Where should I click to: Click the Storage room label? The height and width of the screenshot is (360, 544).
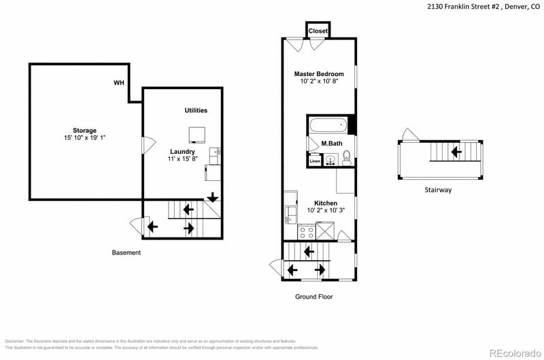click(85, 130)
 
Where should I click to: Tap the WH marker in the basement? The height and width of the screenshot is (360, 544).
click(118, 83)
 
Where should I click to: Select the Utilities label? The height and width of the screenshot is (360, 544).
click(196, 110)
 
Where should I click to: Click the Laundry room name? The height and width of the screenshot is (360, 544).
click(183, 152)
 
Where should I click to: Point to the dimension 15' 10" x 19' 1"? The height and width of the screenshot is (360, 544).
click(85, 138)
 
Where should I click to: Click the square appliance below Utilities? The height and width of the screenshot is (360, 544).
click(197, 134)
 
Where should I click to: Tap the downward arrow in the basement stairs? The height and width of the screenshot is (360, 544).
click(213, 197)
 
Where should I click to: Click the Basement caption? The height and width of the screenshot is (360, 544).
click(126, 252)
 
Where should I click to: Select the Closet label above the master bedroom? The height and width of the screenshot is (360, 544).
click(318, 31)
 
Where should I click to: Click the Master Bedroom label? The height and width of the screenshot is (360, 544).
click(318, 73)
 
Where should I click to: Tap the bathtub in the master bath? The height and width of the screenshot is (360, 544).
click(328, 125)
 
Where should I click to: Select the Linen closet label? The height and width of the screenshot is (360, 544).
click(315, 161)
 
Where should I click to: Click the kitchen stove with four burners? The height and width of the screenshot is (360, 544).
click(306, 231)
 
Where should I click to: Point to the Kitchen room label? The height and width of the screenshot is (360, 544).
click(325, 203)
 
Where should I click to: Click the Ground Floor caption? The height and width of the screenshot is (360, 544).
click(313, 297)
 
